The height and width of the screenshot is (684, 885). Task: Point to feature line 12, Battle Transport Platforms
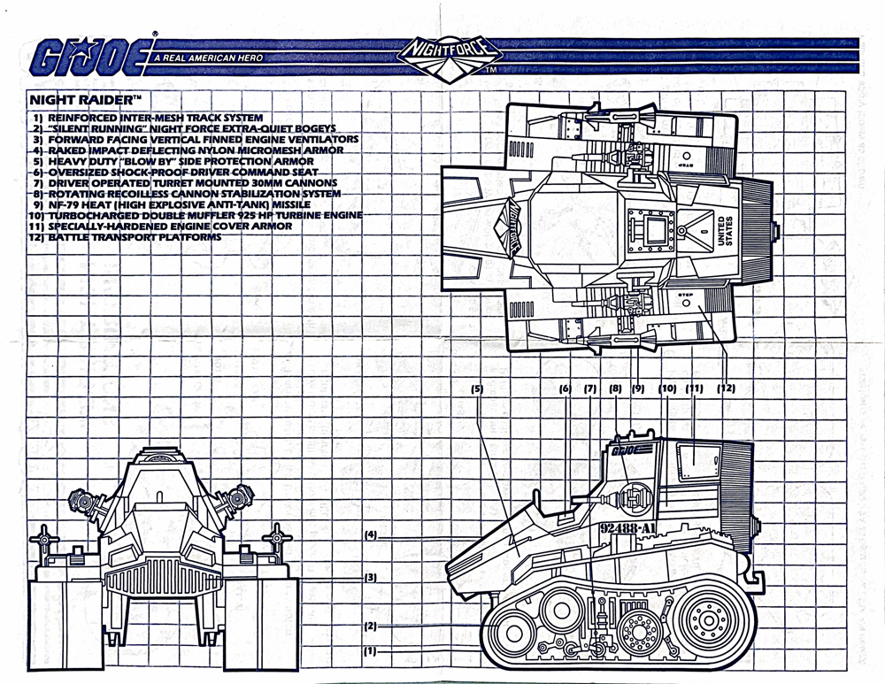pos(125,237)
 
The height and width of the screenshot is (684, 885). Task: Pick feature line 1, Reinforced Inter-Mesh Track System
pos(146,118)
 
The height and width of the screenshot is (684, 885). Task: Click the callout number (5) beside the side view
pos(476,388)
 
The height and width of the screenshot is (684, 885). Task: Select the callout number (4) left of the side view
pos(371,534)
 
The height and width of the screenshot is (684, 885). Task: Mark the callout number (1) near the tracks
pos(371,651)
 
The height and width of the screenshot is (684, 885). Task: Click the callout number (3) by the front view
pos(371,578)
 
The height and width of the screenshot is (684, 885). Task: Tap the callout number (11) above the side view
pos(694,388)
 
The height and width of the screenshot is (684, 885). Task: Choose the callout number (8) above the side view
pos(617,388)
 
